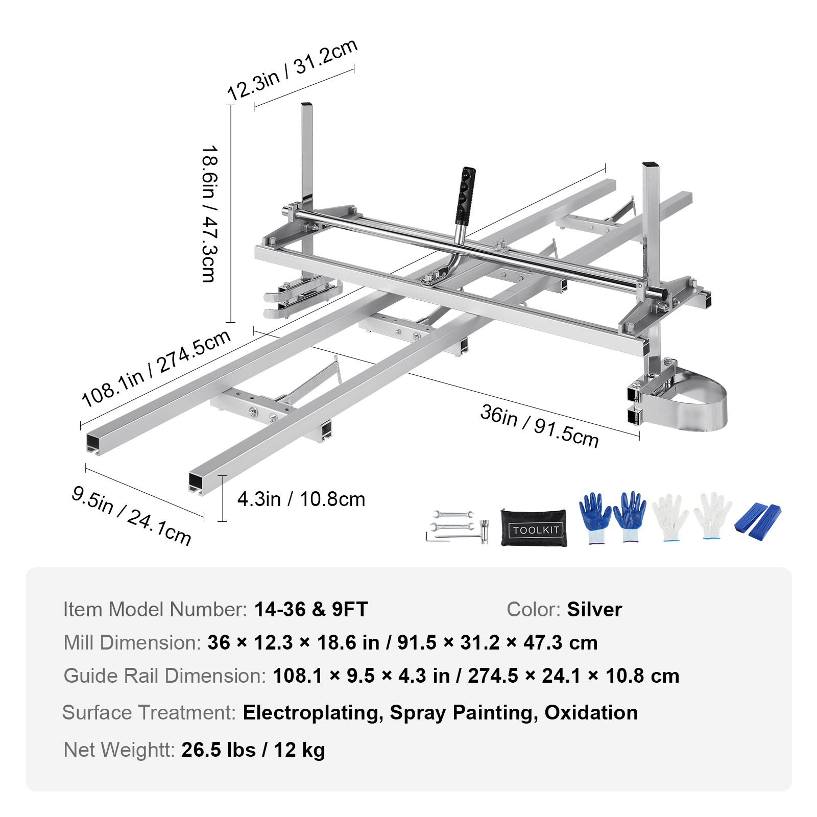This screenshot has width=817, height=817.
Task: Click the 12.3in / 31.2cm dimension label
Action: [292, 69]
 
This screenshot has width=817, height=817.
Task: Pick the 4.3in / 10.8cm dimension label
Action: [301, 499]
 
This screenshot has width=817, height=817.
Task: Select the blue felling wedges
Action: [758, 522]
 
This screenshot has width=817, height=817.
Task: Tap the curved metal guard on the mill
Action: [697, 401]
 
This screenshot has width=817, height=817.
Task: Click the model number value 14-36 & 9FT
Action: [311, 609]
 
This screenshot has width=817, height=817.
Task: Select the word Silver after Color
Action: [594, 609]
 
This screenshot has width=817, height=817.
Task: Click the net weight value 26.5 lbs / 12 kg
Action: [253, 750]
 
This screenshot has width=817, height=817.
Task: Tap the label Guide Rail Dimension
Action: [164, 676]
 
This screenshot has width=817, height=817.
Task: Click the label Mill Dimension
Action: [132, 642]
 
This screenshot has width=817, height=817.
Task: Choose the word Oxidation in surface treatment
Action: [591, 713]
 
